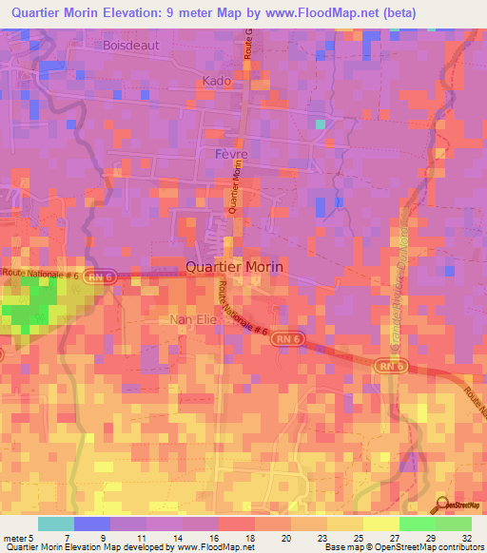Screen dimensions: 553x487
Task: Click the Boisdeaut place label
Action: tap(132, 45)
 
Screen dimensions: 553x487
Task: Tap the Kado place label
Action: tap(217, 82)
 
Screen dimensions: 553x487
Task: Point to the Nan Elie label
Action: tap(194, 320)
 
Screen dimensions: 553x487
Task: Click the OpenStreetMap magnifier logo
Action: tap(443, 505)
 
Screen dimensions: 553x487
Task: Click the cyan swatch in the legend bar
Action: tap(56, 524)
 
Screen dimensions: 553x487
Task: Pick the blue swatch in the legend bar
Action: tap(92, 524)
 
